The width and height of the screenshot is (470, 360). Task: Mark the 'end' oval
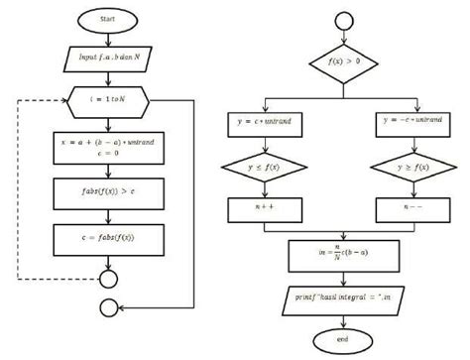point(343,340)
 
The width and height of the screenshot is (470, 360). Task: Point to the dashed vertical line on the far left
point(18,188)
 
